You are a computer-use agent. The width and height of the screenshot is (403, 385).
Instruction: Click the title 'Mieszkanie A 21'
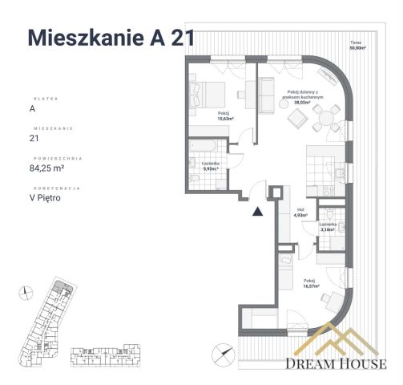coord(111,38)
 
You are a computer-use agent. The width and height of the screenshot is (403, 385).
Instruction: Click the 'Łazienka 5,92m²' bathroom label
coord(212,166)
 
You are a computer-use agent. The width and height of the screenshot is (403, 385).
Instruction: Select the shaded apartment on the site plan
coord(61,290)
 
